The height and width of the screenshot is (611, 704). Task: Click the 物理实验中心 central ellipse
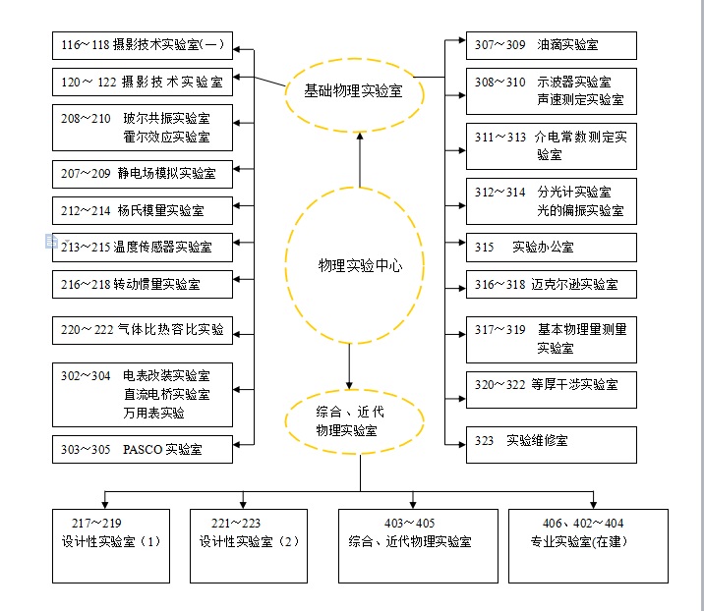359,265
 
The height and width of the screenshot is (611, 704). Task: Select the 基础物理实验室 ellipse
353,91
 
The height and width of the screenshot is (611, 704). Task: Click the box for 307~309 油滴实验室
551,45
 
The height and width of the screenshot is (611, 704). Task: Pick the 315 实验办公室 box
551,248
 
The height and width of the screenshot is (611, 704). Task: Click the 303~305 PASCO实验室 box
143,450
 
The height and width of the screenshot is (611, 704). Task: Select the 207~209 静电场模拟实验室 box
143,174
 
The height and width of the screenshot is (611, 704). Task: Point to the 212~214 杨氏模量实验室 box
143,210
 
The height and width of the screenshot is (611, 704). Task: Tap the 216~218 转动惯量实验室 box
143,285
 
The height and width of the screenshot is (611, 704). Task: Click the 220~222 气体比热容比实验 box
143,330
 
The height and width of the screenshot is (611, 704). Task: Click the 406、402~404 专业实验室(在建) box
587,545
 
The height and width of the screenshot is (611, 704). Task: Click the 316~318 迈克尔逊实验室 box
551,285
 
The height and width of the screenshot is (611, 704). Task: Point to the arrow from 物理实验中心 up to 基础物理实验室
360,157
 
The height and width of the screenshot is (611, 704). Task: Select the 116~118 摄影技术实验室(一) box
143,45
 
